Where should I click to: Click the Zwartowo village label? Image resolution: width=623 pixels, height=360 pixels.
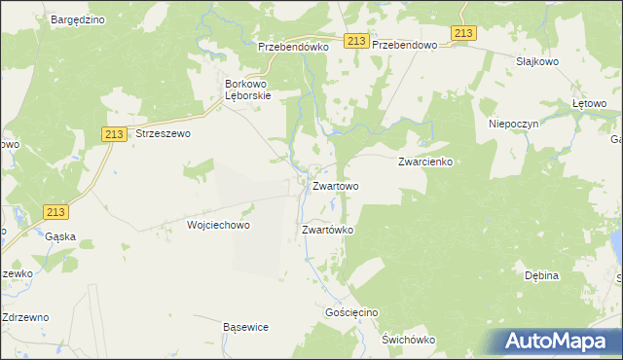[x=335, y=185]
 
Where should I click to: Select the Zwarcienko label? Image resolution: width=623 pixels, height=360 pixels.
[x=426, y=162]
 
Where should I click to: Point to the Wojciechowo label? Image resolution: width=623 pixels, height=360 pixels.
[x=218, y=225]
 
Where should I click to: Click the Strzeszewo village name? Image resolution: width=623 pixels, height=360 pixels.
[x=163, y=134]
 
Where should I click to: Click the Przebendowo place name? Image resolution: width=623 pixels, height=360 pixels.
[x=408, y=45]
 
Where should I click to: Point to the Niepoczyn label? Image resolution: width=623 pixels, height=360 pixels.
[x=514, y=125]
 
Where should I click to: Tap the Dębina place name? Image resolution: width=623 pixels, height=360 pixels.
[x=541, y=275]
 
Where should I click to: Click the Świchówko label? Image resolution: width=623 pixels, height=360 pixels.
[x=408, y=340]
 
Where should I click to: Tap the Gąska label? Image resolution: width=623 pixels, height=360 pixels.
[x=60, y=236]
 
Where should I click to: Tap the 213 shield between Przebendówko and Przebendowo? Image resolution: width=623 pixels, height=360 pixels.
[x=355, y=40]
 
